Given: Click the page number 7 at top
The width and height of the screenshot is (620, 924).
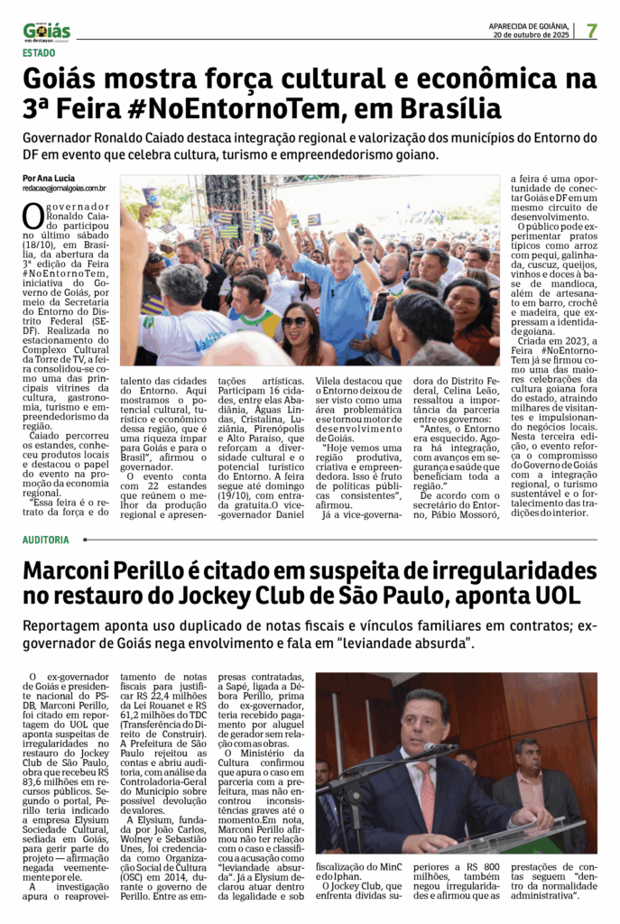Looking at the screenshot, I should [592, 30].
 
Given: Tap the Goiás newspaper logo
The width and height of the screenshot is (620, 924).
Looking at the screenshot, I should [47, 32].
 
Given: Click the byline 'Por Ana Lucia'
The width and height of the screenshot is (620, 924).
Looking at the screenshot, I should [49, 178].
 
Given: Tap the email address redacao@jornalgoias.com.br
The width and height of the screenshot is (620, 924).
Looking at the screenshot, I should [65, 188].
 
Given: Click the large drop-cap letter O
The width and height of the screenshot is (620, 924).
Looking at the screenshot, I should [32, 217].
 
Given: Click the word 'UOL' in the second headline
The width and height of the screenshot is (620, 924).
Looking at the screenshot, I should [567, 597].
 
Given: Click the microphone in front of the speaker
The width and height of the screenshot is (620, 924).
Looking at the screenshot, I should [440, 749].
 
